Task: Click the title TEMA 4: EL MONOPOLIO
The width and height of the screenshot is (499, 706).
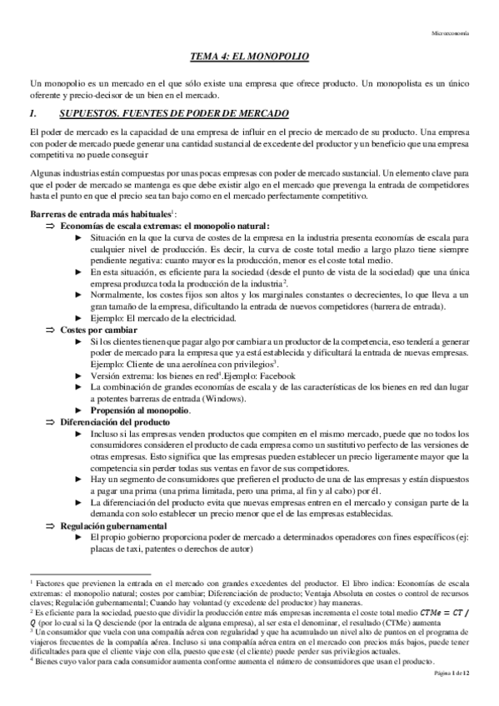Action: [x=249, y=57]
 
